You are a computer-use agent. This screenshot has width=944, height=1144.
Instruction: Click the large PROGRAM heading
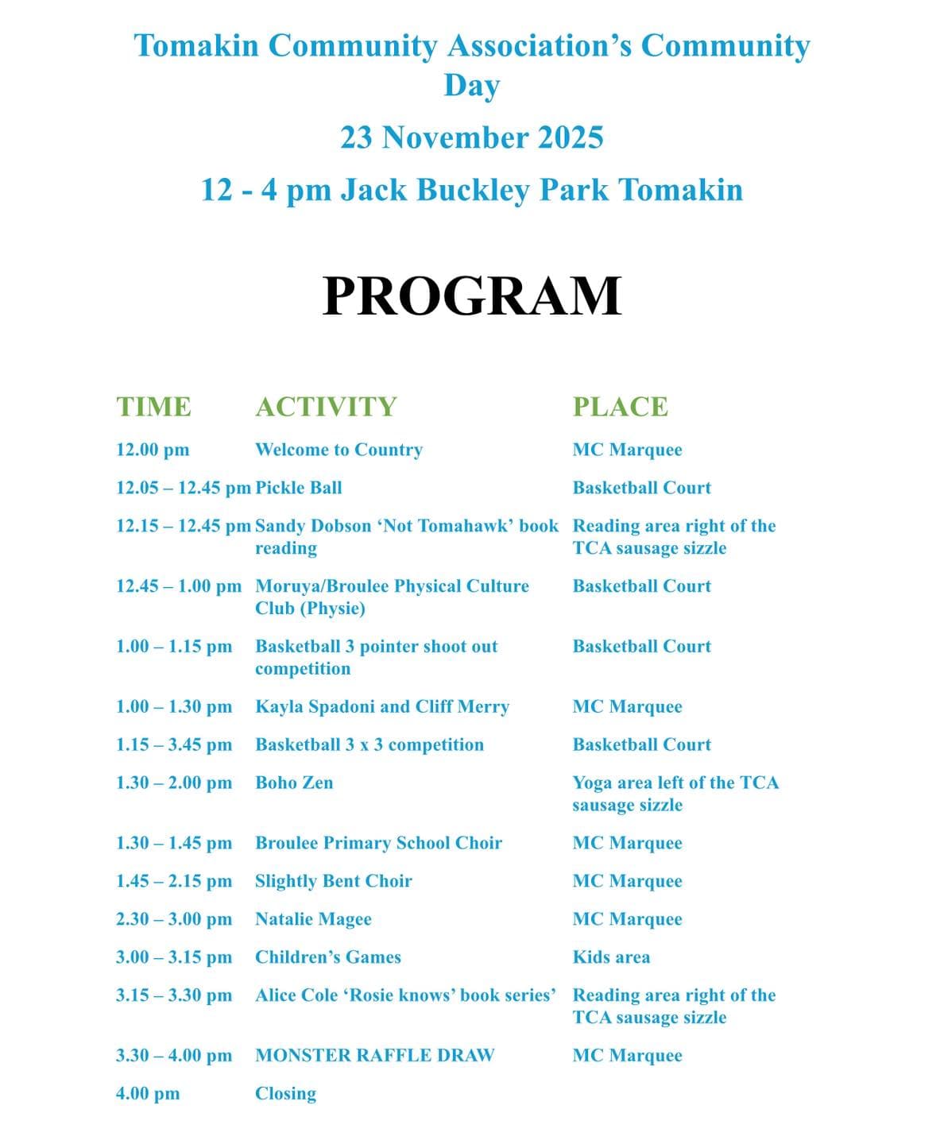pos(472,296)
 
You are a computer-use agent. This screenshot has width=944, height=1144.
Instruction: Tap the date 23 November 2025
pos(472,138)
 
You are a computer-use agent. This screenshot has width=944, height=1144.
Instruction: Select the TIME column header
pos(153,407)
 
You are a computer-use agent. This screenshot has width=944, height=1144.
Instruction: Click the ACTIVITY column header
pos(326,407)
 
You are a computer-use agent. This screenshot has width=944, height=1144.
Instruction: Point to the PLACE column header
pos(621,407)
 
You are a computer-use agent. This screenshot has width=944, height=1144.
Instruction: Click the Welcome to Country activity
pos(339,450)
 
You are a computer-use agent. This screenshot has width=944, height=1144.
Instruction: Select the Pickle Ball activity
pos(299,488)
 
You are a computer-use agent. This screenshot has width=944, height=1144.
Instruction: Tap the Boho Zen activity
pos(294,783)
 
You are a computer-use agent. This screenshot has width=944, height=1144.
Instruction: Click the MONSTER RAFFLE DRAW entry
pos(374,1055)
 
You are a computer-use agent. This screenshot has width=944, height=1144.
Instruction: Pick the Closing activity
pos(285,1093)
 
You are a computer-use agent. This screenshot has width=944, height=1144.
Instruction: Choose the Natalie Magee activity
pos(313,919)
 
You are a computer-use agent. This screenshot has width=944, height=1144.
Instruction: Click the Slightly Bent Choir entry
pos(334,881)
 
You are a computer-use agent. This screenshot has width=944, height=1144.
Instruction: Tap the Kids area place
pos(611,957)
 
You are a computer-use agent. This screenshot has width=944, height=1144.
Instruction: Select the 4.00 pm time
pos(148,1093)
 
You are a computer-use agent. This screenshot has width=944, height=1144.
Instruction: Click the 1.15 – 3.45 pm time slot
pos(174,744)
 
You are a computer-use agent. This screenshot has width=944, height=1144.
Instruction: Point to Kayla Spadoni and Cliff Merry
pos(382,706)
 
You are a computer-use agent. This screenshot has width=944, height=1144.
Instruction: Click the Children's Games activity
pos(328,957)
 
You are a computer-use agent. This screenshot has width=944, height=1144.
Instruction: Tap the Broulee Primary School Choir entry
pos(378,843)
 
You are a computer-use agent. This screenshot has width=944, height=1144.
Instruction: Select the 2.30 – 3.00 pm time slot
pos(174,919)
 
